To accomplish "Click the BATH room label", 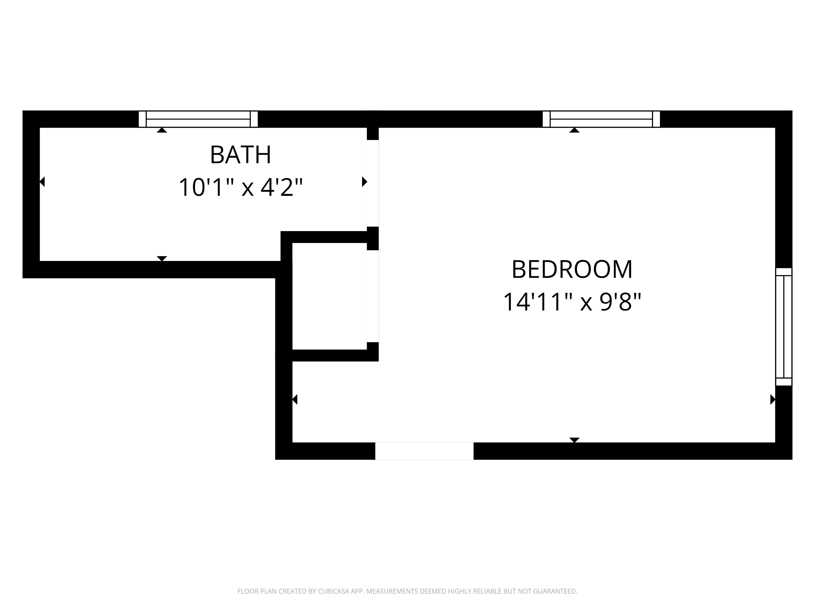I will click(241, 155).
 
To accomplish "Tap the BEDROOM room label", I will click(572, 270).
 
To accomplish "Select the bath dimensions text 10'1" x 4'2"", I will click(241, 187).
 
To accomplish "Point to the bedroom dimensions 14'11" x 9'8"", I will click(572, 302).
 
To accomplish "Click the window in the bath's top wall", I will click(198, 119).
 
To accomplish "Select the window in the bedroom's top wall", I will click(601, 119).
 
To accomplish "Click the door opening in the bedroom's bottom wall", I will click(424, 451).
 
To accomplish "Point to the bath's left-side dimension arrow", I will click(42, 182).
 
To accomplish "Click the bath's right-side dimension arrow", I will click(364, 182).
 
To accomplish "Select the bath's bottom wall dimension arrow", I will click(162, 258).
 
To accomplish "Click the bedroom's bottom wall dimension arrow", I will click(574, 440).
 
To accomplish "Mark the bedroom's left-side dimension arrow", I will click(295, 400).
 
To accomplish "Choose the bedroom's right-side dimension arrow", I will click(773, 400).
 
